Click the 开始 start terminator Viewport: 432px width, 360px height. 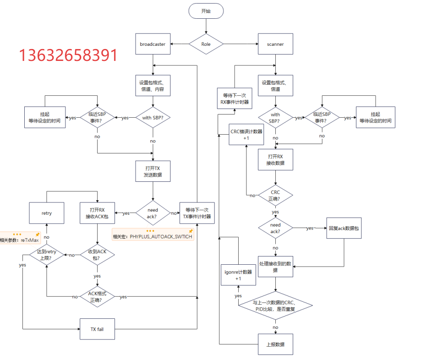(206, 11)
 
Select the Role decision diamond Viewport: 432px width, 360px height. (206, 44)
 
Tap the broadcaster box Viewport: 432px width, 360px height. (153, 44)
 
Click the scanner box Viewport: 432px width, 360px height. (275, 44)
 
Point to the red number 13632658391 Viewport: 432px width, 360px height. (68, 55)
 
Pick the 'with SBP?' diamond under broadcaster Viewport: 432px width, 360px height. (153, 118)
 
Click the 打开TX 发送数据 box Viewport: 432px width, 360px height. (153, 171)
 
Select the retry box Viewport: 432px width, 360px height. (47, 213)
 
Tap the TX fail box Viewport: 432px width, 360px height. (97, 329)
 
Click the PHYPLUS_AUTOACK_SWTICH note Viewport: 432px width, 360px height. (153, 236)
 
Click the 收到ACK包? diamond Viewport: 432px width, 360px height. (97, 255)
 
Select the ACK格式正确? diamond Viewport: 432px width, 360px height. (97, 297)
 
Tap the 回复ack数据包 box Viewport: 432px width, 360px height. (344, 228)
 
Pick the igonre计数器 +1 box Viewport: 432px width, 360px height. (238, 275)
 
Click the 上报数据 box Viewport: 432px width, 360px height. (275, 344)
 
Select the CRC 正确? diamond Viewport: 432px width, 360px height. (275, 196)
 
